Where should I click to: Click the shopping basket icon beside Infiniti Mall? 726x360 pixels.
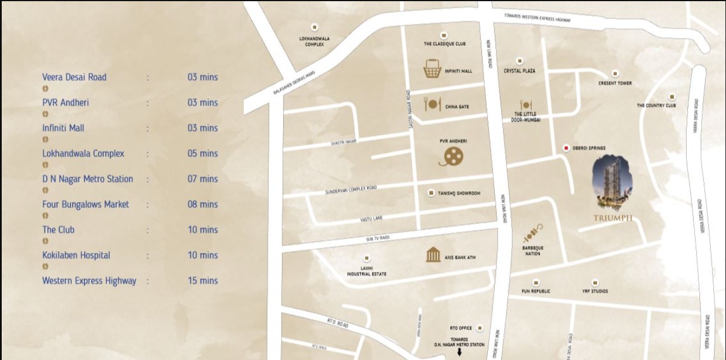[432, 69]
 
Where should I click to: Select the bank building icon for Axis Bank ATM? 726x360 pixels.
[433, 255]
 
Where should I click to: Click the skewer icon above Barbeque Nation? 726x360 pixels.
[532, 233]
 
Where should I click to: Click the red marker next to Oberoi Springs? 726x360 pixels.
[566, 149]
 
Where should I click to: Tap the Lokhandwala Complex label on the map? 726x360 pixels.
[314, 42]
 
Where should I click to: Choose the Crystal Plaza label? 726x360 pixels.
[519, 70]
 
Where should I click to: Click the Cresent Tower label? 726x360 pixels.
[615, 83]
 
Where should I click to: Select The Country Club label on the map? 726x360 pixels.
[656, 106]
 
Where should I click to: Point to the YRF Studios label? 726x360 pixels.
[595, 291]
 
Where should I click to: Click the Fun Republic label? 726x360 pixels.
[536, 291]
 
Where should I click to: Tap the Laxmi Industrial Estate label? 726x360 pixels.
[366, 271]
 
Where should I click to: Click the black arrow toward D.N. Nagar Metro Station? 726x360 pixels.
[460, 352]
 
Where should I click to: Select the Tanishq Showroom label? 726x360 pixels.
[458, 194]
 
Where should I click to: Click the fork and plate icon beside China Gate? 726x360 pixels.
[432, 105]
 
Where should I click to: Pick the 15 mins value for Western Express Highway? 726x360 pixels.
[202, 281]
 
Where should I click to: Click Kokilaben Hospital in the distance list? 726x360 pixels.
[76, 255]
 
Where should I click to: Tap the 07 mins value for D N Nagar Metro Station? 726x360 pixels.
[202, 179]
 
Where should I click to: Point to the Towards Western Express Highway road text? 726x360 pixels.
[537, 18]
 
